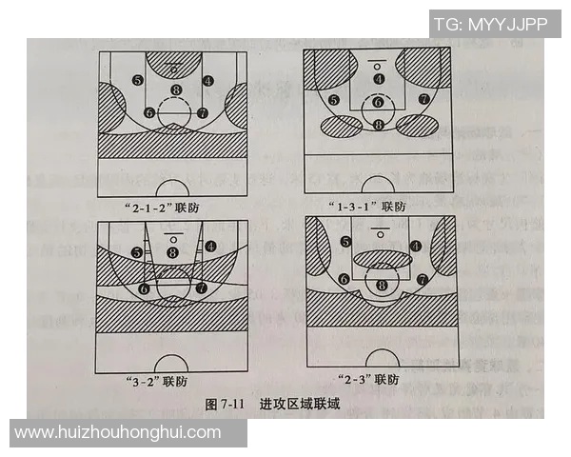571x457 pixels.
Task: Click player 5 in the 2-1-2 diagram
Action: (x=138, y=81)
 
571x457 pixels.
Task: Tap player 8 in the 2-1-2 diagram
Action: (x=174, y=90)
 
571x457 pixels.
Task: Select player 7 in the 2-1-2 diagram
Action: (x=203, y=112)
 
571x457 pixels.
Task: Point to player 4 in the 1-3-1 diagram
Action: (x=379, y=79)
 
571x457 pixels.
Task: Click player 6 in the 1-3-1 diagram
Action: (x=378, y=101)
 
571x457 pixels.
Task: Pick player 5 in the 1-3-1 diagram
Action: (x=333, y=99)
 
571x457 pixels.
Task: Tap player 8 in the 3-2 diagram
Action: (x=172, y=251)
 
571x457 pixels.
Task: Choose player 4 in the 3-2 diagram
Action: (x=209, y=244)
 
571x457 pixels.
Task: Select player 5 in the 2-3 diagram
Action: (x=345, y=242)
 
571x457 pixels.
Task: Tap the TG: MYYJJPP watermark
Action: (x=491, y=25)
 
